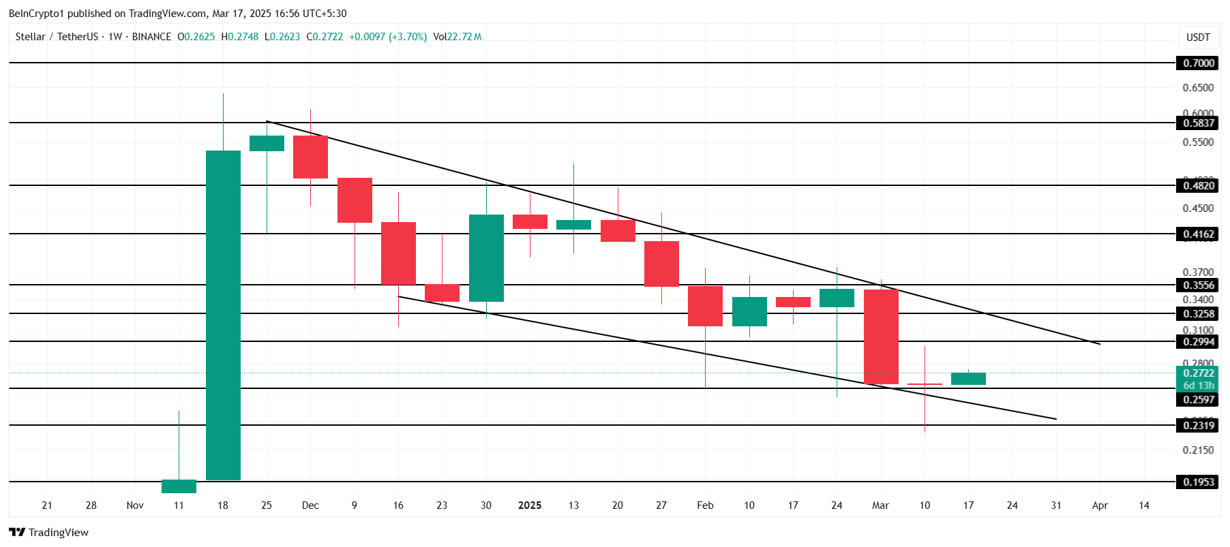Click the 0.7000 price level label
coord(1198,63)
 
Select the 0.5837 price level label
coord(1198,123)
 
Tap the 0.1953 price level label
coord(1198,482)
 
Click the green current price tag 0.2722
coord(1198,373)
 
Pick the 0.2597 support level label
coord(1198,400)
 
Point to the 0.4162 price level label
coord(1198,234)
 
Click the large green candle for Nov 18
coord(223,315)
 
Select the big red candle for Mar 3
coord(881,337)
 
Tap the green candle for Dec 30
coord(486,257)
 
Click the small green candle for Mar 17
coord(968,379)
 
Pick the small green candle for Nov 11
coord(179,486)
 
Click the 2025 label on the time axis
coord(530,505)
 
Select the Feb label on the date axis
coord(705,505)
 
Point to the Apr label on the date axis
coord(1100,505)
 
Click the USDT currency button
coord(1198,37)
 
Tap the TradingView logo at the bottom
coord(49,532)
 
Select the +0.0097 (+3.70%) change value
coord(387,37)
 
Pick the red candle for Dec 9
coord(355,200)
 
